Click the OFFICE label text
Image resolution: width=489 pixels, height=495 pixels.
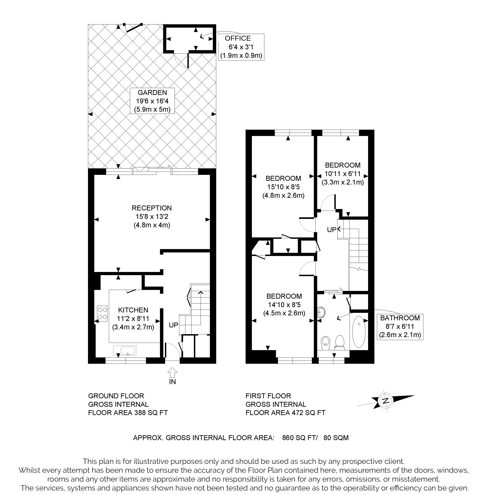[x=237, y=38]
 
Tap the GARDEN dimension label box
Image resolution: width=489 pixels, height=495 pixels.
[x=152, y=101]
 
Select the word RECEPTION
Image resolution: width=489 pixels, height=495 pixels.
[x=151, y=208]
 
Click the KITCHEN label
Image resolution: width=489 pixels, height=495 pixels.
[x=133, y=310]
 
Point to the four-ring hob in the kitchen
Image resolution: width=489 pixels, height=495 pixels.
[x=102, y=314]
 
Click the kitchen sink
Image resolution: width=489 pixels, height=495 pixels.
[x=125, y=351]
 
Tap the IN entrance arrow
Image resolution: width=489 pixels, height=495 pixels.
[x=172, y=372]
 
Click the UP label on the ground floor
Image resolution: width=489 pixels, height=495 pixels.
[x=173, y=325]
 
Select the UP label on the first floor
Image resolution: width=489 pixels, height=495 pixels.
[x=332, y=230]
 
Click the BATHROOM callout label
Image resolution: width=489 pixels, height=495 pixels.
[x=400, y=327]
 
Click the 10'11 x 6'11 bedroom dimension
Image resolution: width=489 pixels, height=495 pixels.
[x=343, y=174]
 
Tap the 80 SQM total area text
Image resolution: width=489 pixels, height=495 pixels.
[x=336, y=438]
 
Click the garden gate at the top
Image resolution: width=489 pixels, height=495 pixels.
[x=133, y=28]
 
